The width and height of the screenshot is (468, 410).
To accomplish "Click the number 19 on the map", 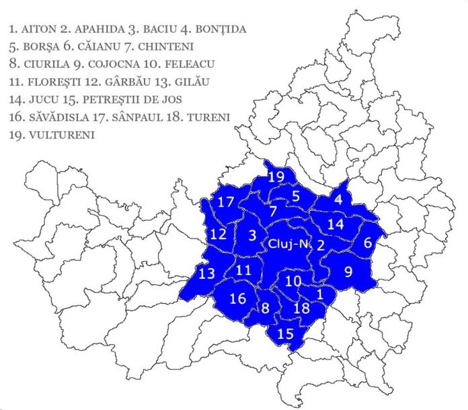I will tap(276, 177).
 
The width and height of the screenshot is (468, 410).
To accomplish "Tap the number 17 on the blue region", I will tap(226, 202).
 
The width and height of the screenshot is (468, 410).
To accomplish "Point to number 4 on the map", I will tap(338, 200).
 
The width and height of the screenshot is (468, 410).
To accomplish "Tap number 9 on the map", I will tap(348, 272).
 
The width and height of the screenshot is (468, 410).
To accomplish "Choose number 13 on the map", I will tap(207, 273).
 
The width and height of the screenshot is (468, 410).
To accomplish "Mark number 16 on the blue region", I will tap(238, 298).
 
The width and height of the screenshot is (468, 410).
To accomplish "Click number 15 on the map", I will tap(286, 332).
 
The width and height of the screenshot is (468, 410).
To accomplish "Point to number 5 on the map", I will tap(296, 196).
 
